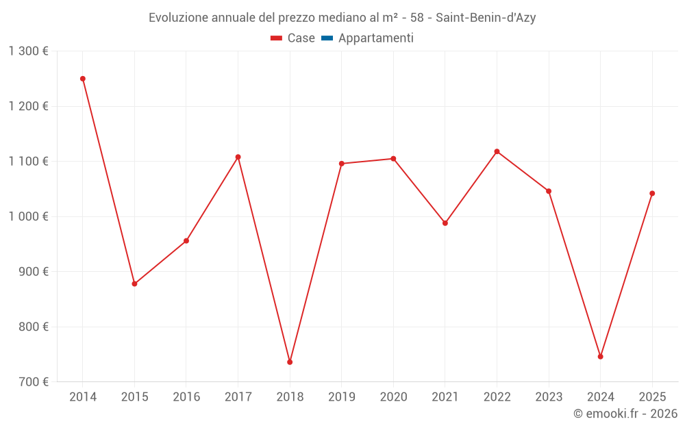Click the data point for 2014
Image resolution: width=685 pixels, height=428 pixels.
[83, 79]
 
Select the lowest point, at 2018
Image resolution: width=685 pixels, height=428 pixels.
[290, 362]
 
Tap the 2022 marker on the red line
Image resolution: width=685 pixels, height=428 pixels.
[497, 151]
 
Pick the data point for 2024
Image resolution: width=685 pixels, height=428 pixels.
[600, 357]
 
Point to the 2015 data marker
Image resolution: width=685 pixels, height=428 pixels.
[134, 284]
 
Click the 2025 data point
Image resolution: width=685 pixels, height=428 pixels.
[652, 193]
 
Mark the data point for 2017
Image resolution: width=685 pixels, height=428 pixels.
[238, 157]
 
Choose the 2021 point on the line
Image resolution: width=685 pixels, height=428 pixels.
[445, 223]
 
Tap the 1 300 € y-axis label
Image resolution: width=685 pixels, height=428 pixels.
[28, 51]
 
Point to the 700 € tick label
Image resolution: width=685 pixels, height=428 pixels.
[33, 381]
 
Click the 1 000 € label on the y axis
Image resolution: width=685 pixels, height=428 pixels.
[28, 216]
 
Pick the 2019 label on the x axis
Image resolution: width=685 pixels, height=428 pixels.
[342, 397]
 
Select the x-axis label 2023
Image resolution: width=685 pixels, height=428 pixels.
[549, 397]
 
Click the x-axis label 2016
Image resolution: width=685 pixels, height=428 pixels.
[186, 397]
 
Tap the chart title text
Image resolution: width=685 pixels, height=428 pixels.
[342, 18]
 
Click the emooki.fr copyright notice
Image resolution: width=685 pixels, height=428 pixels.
[625, 414]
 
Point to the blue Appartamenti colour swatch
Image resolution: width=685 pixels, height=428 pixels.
[327, 38]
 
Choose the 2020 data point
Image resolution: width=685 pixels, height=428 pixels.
[393, 159]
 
